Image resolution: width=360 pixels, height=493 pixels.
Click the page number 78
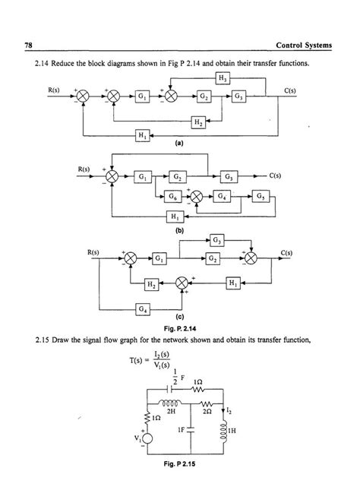tap(28, 46)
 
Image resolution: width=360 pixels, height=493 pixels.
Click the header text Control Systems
tap(304, 46)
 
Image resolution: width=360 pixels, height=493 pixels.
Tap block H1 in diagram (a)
tap(142, 135)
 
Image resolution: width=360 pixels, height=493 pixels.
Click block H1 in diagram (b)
tap(174, 217)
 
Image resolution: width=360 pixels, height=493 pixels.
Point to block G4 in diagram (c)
tap(142, 308)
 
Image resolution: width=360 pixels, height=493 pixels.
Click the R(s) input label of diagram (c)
tap(93, 251)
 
